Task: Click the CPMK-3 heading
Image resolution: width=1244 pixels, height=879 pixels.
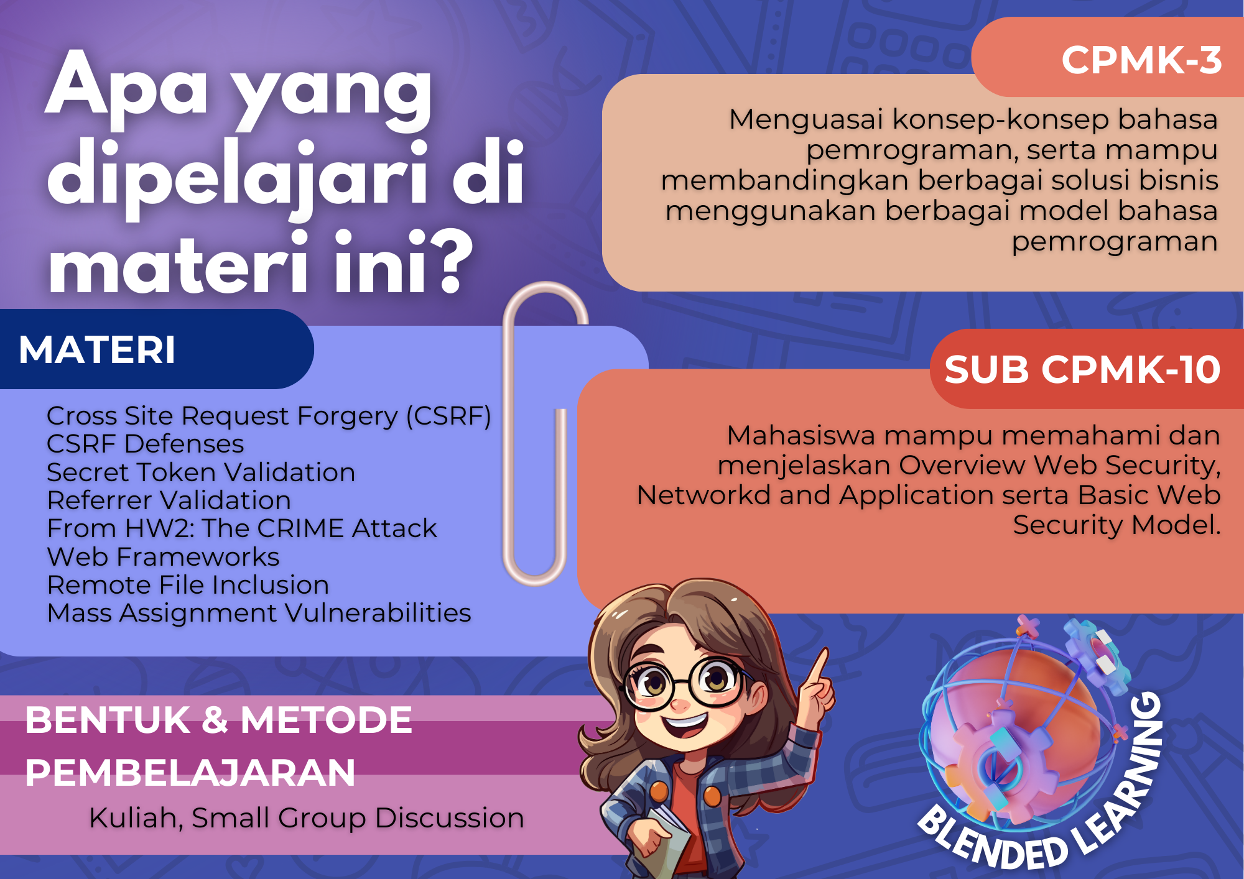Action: [x=1141, y=60]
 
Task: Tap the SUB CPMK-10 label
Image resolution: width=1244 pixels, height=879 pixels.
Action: [x=1082, y=369]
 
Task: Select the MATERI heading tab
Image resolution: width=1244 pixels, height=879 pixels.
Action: [x=98, y=349]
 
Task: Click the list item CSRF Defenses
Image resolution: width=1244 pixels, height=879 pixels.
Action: [x=146, y=444]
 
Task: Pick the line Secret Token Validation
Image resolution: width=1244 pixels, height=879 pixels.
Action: [x=201, y=472]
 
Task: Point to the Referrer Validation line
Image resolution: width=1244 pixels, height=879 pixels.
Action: [x=169, y=500]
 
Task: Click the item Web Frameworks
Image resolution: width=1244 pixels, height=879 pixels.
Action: [x=164, y=557]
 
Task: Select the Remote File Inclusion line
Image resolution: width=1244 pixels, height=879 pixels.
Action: [x=188, y=585]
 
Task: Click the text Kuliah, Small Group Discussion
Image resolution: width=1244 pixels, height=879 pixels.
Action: [x=307, y=818]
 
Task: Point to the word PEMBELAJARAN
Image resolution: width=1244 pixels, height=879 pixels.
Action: [x=190, y=773]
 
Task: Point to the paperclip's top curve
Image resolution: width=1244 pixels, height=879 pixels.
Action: [x=546, y=292]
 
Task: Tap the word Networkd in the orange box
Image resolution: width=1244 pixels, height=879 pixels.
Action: [x=703, y=495]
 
